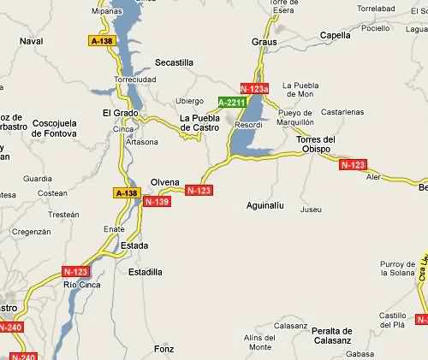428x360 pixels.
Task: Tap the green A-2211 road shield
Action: [x=232, y=103]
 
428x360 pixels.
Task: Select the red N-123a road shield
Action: [x=255, y=88]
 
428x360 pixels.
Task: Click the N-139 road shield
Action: [x=158, y=202]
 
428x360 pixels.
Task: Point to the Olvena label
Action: [x=164, y=181]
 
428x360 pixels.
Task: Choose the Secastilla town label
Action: [x=174, y=62]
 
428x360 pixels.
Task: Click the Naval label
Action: [x=30, y=40]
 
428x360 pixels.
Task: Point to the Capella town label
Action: [x=335, y=36]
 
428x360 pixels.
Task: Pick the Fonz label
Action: [x=163, y=349]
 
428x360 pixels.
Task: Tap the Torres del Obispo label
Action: [x=317, y=144]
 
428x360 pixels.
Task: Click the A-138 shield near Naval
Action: [x=101, y=40]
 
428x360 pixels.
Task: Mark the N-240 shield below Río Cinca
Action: [x=11, y=327]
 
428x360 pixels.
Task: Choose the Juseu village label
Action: [x=312, y=210]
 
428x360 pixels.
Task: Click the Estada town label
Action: [x=135, y=246]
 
